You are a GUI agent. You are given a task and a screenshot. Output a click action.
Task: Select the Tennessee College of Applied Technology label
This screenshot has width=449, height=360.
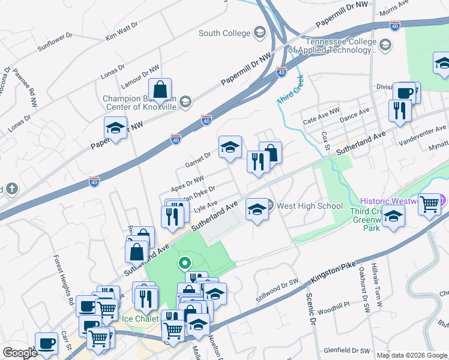[x=340, y=46]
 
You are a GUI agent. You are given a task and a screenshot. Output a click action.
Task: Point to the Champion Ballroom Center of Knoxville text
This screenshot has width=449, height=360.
[x=139, y=102]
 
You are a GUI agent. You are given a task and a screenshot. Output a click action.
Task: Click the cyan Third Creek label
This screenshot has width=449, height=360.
[x=290, y=89]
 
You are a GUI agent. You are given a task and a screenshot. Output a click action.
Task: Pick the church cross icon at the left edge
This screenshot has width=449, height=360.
[x=12, y=188]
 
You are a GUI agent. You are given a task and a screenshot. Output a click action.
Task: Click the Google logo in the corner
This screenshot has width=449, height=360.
[x=20, y=353]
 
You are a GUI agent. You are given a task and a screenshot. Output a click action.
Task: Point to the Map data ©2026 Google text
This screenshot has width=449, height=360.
[x=412, y=355]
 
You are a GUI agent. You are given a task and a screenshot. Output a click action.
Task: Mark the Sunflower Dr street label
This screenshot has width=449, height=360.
[x=54, y=41]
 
